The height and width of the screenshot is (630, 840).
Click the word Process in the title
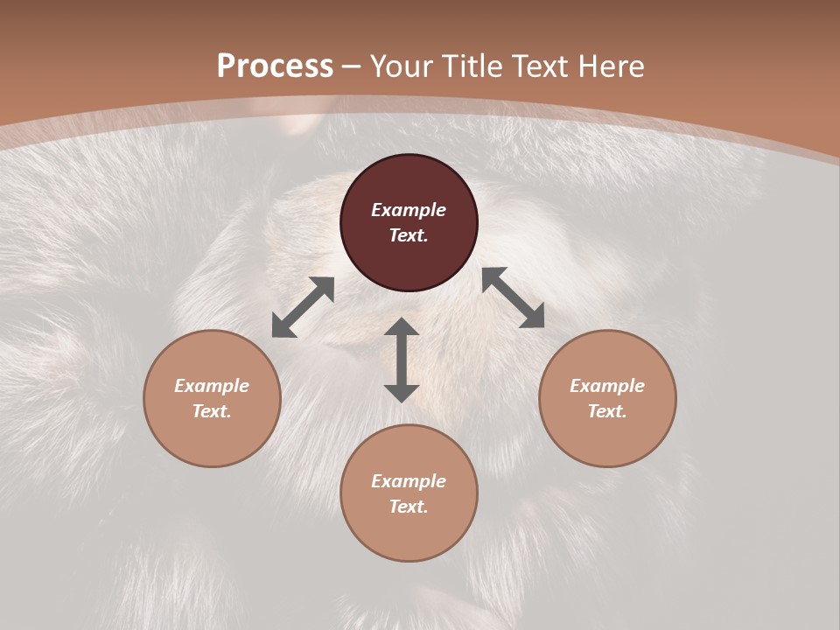coord(275,66)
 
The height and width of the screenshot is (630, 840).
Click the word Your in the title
coord(400,66)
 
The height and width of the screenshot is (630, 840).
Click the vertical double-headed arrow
coord(402,360)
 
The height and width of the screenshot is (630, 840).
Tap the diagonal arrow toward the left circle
coord(303,307)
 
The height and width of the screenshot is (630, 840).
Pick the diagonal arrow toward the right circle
coord(513,297)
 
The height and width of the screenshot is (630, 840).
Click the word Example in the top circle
coord(409,210)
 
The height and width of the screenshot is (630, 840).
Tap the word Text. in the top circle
coord(409,235)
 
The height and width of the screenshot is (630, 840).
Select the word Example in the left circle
coord(212,386)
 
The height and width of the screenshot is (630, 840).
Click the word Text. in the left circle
coord(212,411)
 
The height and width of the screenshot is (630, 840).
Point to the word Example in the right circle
coord(607,386)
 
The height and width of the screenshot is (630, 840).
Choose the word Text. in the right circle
coord(607,411)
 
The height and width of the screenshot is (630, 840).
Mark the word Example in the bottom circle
coord(409,481)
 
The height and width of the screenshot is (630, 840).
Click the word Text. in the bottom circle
coord(409,507)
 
